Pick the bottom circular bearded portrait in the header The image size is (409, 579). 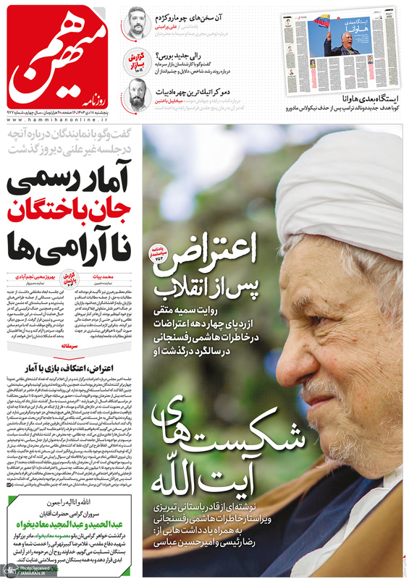point(138,94)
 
